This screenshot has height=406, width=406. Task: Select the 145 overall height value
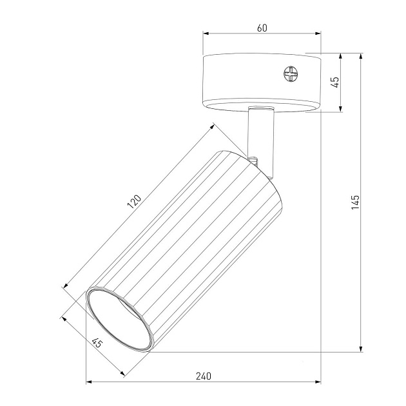[x=356, y=202]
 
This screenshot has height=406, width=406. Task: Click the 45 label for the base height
[x=334, y=82]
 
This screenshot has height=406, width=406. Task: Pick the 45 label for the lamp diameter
[x=97, y=345]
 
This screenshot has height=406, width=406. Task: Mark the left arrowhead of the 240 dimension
[x=89, y=383]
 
